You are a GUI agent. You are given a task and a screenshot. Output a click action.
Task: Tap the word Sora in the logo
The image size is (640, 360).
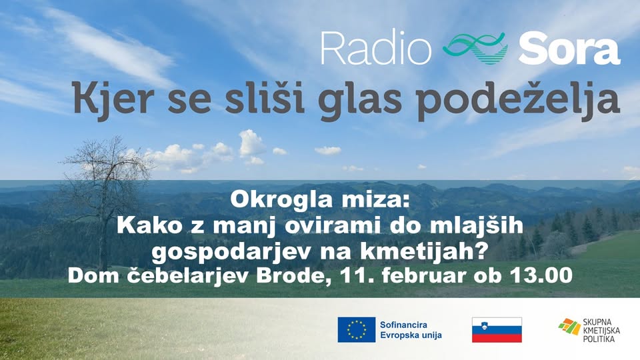pos(569,49)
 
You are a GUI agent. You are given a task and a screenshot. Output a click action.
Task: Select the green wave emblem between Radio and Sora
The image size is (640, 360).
pos(475,49)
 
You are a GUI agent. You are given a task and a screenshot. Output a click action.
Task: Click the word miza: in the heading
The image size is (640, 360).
pos(373,199)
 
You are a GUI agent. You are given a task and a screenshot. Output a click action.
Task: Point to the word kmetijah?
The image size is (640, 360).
pos(424,251)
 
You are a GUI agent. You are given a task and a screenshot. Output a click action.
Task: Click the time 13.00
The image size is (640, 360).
pos(541,276)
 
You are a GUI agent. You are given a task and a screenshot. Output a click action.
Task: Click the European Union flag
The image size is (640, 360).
pos(356,329)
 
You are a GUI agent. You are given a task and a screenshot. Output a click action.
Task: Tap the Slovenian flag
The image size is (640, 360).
pos(497,330)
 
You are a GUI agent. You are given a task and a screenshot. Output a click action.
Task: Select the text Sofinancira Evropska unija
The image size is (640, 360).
pos(411,330)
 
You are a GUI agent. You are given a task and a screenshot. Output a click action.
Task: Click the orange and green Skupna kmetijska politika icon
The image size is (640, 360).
pos(570,327)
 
